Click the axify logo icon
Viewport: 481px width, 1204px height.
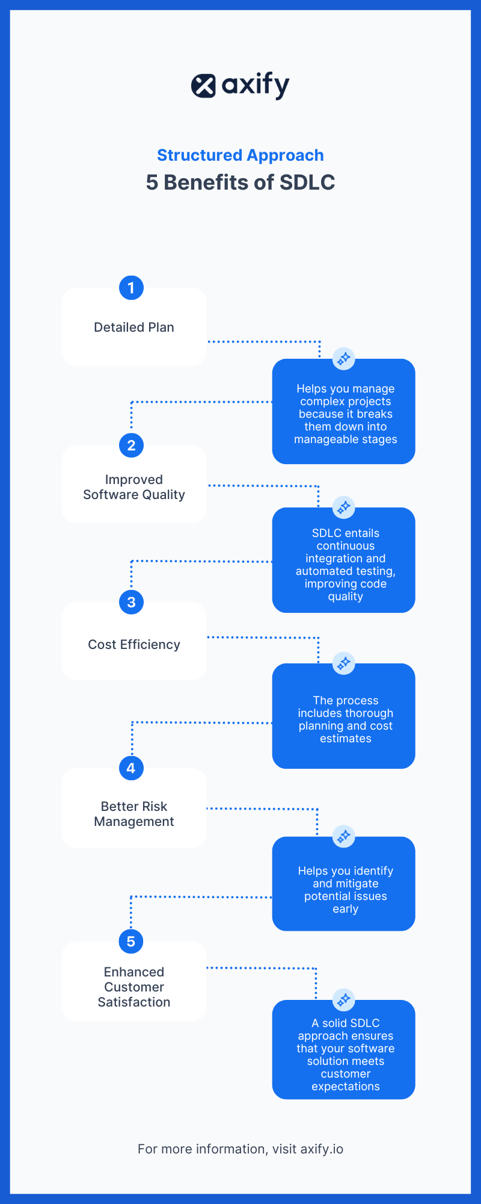(x=203, y=86)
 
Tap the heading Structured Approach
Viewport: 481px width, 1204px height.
(x=240, y=155)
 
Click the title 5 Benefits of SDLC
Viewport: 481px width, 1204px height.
(x=240, y=182)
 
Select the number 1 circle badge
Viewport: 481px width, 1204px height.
(x=131, y=288)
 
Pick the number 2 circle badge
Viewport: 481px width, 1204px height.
(x=131, y=445)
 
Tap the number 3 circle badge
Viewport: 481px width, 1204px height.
(x=131, y=602)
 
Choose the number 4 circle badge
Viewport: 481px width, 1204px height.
(x=131, y=768)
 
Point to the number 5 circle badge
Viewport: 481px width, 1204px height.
(x=131, y=942)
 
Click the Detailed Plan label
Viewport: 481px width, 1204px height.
(x=134, y=327)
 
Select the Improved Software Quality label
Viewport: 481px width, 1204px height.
(x=134, y=487)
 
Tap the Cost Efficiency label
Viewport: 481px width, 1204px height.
(x=134, y=645)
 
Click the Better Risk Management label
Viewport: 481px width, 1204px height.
(x=134, y=814)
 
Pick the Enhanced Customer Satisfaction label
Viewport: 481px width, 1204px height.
(x=134, y=987)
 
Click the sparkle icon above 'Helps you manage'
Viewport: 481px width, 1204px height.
(x=344, y=359)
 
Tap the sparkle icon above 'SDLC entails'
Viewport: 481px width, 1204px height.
(x=344, y=507)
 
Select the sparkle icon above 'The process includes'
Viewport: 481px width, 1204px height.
(x=344, y=663)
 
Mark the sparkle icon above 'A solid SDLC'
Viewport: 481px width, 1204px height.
(x=344, y=1000)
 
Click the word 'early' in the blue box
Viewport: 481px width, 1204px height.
(x=346, y=909)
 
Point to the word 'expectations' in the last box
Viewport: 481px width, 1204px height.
(x=346, y=1087)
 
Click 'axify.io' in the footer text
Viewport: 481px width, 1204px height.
(x=322, y=1149)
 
